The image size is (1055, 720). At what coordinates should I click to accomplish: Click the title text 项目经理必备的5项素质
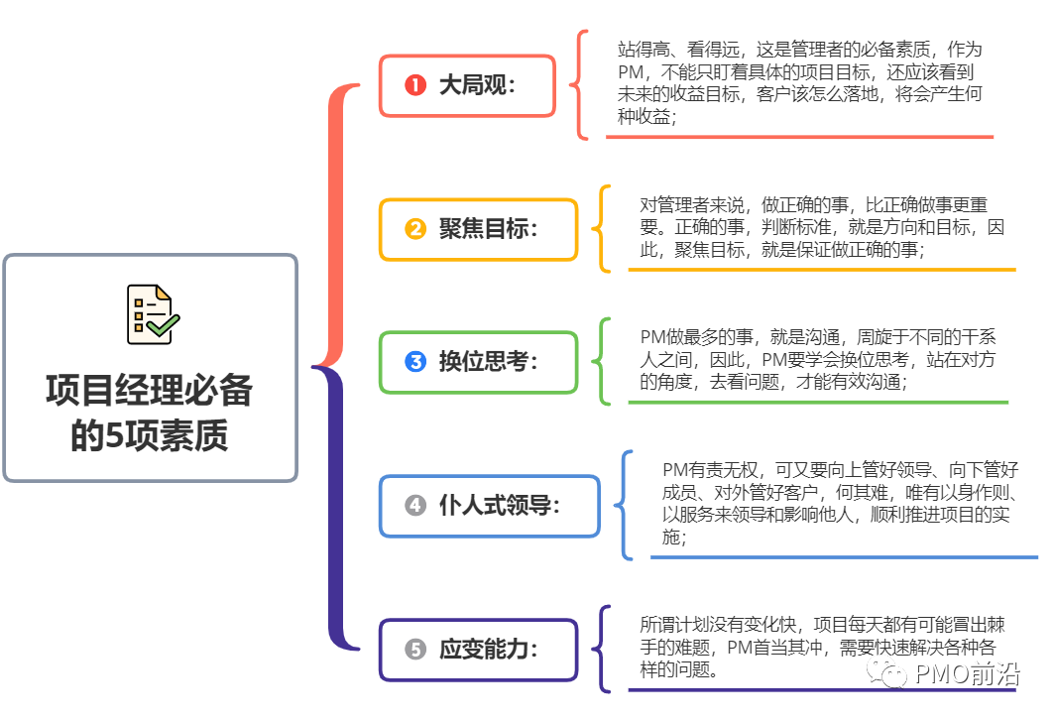(x=150, y=413)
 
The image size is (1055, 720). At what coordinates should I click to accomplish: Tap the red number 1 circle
(x=415, y=85)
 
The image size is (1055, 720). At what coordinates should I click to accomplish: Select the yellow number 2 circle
(x=415, y=229)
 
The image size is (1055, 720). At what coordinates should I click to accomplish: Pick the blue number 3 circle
(x=415, y=362)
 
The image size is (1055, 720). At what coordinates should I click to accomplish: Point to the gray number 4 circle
(x=415, y=506)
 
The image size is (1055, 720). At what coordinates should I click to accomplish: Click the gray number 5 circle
(x=415, y=650)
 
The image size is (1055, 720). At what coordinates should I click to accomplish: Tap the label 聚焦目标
(x=488, y=229)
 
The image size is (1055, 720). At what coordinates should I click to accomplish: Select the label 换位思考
(x=488, y=362)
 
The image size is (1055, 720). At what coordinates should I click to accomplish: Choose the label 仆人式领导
(x=500, y=506)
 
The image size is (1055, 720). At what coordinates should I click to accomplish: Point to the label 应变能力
(x=488, y=650)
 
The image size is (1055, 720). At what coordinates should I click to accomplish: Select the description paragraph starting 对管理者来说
(x=821, y=228)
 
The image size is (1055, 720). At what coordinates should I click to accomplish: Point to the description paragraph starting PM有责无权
(x=840, y=504)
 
